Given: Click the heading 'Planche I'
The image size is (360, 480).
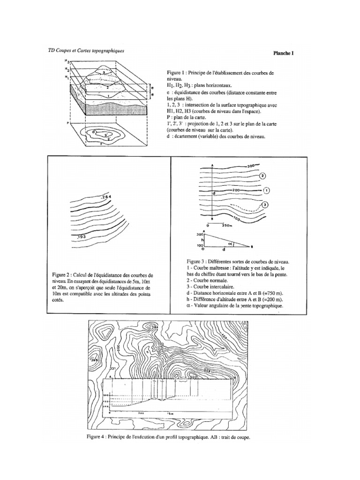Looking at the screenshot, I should tap(284, 53).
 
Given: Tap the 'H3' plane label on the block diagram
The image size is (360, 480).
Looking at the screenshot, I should tap(68, 62).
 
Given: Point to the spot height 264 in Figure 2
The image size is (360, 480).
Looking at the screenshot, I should tap(105, 197).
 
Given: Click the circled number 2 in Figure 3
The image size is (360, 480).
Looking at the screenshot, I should tap(262, 176).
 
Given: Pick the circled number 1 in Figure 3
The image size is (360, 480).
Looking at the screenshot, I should tap(266, 191).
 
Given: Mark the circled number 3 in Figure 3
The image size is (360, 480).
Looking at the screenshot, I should tap(265, 204).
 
